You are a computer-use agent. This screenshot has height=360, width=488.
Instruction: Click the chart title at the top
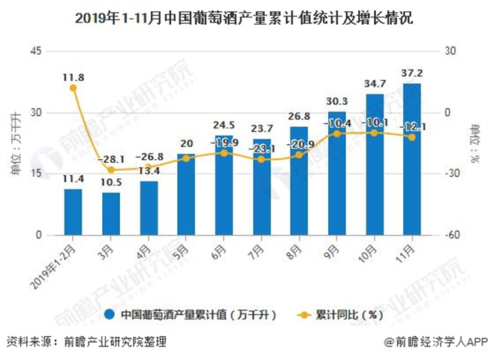click(x=243, y=16)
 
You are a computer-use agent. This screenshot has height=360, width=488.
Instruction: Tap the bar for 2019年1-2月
click(x=73, y=212)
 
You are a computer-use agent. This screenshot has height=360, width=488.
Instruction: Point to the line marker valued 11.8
click(x=73, y=88)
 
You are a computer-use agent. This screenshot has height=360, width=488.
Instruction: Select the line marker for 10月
click(x=374, y=133)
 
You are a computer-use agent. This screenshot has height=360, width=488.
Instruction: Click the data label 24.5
click(x=224, y=126)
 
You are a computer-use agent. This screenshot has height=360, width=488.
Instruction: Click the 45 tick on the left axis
click(x=35, y=51)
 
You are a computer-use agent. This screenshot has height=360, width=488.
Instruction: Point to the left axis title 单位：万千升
click(x=15, y=143)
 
